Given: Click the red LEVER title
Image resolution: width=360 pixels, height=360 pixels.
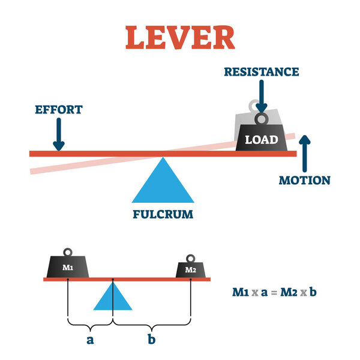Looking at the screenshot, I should (179, 37).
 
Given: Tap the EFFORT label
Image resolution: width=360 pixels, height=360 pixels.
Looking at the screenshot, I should (58, 110).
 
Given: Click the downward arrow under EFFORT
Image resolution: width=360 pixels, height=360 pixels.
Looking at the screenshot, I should (58, 134).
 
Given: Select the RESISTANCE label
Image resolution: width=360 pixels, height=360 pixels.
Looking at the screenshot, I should (261, 72).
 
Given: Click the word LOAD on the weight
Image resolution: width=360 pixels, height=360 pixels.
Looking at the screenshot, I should (261, 140).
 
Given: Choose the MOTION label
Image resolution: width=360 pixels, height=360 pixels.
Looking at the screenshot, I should (305, 180).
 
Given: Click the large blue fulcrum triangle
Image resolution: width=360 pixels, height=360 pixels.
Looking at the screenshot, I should (163, 183).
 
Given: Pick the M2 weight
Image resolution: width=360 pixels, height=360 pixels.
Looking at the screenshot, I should (191, 269).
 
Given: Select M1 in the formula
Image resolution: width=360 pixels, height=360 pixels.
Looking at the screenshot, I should (242, 293).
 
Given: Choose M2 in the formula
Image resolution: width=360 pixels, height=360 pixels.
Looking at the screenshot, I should (294, 293).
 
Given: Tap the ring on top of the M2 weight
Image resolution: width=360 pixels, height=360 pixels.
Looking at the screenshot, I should (191, 259).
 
